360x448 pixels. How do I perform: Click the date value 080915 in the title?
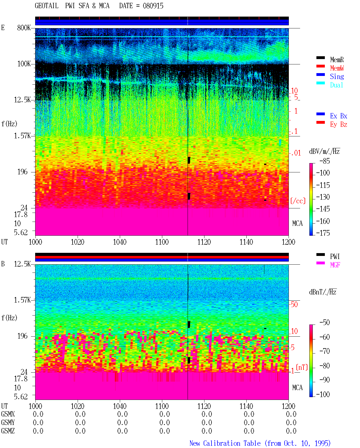tap(153, 6)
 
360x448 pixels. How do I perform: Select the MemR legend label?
tap(337, 60)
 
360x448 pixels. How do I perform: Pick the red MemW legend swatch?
tap(320, 66)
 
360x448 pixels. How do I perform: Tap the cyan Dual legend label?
tap(336, 85)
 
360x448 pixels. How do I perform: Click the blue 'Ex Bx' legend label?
tap(339, 116)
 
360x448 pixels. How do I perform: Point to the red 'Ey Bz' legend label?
tap(339, 125)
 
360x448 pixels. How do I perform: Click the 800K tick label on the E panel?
tap(24, 28)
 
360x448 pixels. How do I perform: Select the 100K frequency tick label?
tap(24, 64)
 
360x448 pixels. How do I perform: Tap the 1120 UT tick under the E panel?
tap(204, 242)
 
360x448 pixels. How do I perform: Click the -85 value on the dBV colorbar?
tap(325, 161)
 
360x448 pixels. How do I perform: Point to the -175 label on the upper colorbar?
tap(323, 233)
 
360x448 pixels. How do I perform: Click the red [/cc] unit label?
tap(298, 201)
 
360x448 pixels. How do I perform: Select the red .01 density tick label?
tap(296, 153)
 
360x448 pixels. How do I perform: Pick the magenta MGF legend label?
tap(335, 265)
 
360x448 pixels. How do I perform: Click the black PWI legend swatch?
tap(320, 255)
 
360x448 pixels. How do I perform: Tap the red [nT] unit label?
tap(302, 367)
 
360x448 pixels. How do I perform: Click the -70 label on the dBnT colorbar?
tap(325, 351)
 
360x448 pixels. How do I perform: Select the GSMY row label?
tap(8, 422)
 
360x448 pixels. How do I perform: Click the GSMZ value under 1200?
tap(291, 431)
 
